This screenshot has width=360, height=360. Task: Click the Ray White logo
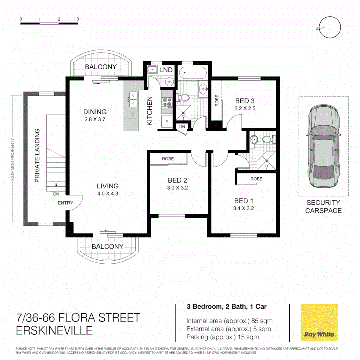click(x=319, y=322)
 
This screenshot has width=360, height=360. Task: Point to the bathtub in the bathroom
click(x=192, y=73)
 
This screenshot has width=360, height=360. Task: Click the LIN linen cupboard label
click(x=182, y=127)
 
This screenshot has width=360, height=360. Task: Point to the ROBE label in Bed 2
click(x=168, y=159)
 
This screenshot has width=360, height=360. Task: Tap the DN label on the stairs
click(x=55, y=194)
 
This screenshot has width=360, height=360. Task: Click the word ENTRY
click(x=65, y=203)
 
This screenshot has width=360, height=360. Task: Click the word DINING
click(x=95, y=112)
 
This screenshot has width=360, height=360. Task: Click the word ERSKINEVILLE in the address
click(x=54, y=330)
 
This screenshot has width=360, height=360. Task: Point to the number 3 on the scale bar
click(x=78, y=19)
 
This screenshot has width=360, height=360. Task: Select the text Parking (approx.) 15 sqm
click(x=223, y=337)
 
